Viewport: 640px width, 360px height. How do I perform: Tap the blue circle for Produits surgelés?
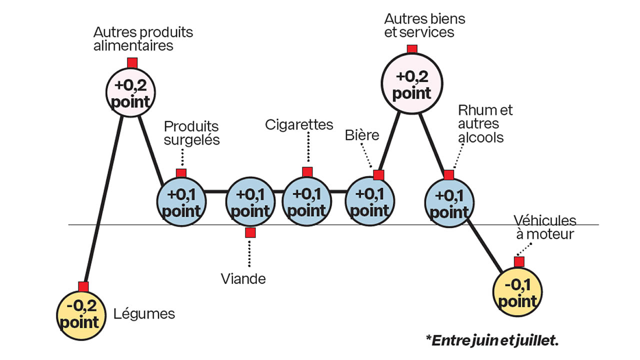(181, 202)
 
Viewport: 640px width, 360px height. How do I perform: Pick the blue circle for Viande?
(250, 202)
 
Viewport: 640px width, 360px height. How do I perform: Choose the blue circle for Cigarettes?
(306, 201)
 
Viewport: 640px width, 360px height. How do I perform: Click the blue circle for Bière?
(370, 202)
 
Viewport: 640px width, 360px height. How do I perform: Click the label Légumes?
(144, 314)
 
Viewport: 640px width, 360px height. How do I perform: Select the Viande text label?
(243, 278)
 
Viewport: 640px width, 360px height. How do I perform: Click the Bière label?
(362, 135)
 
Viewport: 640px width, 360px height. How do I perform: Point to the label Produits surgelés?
(191, 133)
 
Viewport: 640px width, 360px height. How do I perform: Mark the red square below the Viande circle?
(250, 232)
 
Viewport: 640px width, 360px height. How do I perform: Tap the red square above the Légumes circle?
(83, 286)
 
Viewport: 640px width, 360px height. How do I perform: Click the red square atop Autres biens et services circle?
(412, 49)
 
